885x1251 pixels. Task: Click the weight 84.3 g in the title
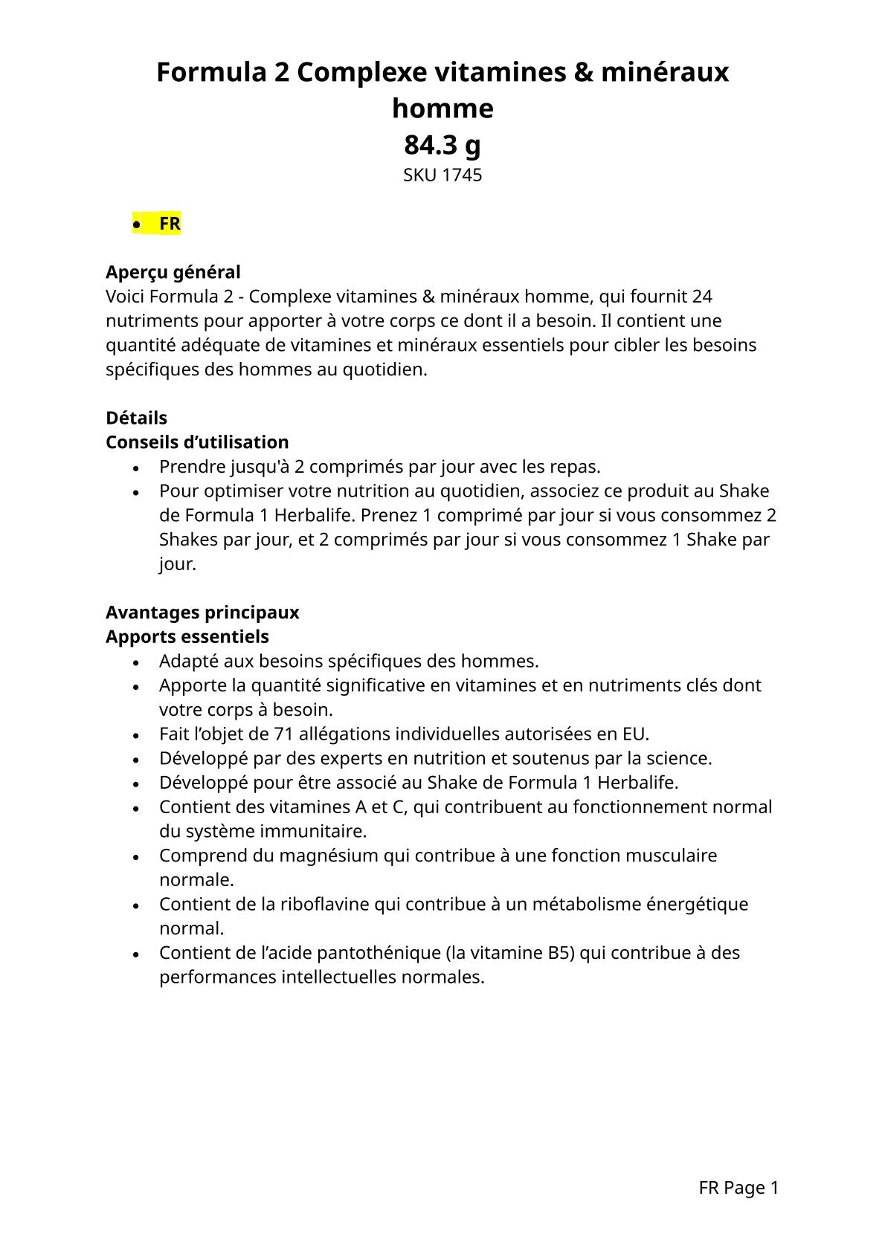(442, 145)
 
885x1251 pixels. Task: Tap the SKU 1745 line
(442, 175)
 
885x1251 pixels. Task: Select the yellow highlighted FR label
(169, 224)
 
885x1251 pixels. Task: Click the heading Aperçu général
(173, 272)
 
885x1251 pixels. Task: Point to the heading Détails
(136, 418)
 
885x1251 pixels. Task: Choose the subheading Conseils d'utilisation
(197, 442)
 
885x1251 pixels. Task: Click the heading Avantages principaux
(202, 612)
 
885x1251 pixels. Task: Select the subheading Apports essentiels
(187, 637)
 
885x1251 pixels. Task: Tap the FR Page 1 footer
(738, 1188)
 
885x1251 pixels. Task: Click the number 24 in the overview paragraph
(702, 297)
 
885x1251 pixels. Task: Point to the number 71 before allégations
(283, 734)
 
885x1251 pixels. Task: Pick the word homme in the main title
(442, 109)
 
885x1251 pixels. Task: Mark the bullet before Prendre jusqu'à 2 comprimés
(135, 468)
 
